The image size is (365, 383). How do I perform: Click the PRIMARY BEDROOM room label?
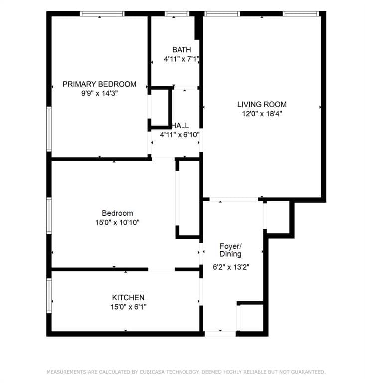(x=99, y=84)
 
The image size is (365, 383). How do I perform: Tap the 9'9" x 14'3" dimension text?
(x=99, y=93)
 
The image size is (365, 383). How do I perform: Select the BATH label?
(x=182, y=50)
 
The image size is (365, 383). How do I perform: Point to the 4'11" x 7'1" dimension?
(x=182, y=59)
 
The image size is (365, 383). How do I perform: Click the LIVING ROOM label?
(x=262, y=105)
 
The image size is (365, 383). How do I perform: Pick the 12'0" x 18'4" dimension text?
(x=262, y=114)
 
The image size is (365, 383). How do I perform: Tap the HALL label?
(x=181, y=126)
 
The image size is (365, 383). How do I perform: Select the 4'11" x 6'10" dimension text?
(x=180, y=135)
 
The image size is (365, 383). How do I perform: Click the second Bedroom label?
(x=117, y=213)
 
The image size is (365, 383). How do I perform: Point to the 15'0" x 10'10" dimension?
(x=117, y=223)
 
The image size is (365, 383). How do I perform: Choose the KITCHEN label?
(x=128, y=298)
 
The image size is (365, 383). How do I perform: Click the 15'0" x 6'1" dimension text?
(x=128, y=307)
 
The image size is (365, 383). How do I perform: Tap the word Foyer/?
(x=231, y=246)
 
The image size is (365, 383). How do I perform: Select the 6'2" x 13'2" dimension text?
(x=231, y=267)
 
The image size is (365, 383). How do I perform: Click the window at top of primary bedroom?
(x=102, y=14)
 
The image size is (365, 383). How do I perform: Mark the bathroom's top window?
(x=177, y=14)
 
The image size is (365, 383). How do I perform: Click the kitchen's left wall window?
(x=49, y=296)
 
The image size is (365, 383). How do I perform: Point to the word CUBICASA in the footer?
(x=152, y=372)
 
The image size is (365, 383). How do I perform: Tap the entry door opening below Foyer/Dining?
(x=220, y=334)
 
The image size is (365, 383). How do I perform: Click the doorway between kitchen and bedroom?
(x=161, y=269)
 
